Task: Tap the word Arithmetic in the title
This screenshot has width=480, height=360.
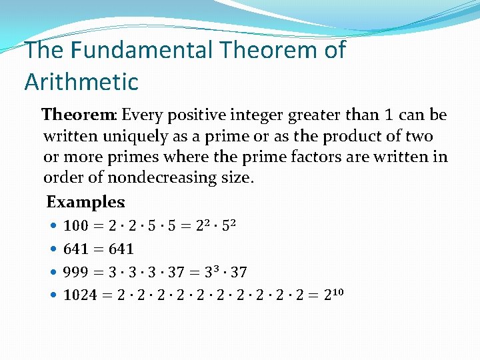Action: (81, 82)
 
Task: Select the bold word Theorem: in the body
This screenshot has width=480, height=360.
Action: (80, 115)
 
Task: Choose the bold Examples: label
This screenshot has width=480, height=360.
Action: (86, 201)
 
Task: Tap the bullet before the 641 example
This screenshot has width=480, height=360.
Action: (53, 249)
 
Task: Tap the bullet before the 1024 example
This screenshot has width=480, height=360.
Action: (53, 295)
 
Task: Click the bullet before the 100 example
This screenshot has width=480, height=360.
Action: (53, 227)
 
